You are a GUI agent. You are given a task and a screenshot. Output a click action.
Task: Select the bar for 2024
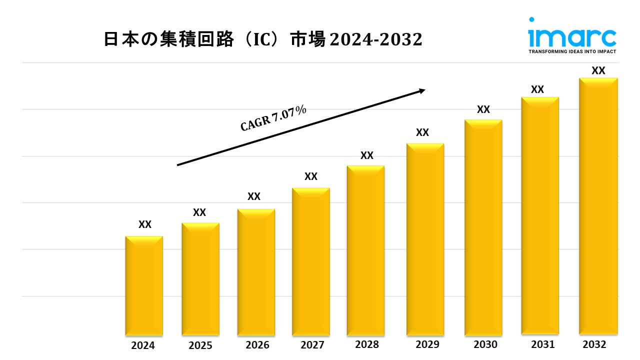(144, 285)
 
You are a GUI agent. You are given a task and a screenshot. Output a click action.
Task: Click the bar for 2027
(310, 261)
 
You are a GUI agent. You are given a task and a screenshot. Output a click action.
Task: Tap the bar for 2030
(483, 227)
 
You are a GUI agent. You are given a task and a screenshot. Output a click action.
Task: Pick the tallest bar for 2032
(598, 206)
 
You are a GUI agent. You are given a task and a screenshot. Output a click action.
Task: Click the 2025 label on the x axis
(200, 345)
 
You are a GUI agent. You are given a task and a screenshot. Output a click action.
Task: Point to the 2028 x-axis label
(367, 344)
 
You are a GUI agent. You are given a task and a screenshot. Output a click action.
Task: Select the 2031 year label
(542, 344)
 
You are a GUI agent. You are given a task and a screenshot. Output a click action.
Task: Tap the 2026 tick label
(257, 345)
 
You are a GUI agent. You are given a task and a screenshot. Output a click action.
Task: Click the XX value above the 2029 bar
(422, 132)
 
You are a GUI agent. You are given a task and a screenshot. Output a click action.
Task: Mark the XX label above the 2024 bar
(145, 224)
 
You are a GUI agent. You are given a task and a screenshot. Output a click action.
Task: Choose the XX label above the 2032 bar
(598, 70)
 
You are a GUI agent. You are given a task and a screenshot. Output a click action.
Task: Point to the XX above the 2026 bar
(254, 196)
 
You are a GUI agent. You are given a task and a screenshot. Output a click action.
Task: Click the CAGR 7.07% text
(273, 119)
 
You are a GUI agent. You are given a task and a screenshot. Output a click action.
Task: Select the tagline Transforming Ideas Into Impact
(572, 51)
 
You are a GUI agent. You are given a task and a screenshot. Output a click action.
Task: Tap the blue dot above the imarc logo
(531, 20)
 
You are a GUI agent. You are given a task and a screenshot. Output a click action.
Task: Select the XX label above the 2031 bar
(537, 89)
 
